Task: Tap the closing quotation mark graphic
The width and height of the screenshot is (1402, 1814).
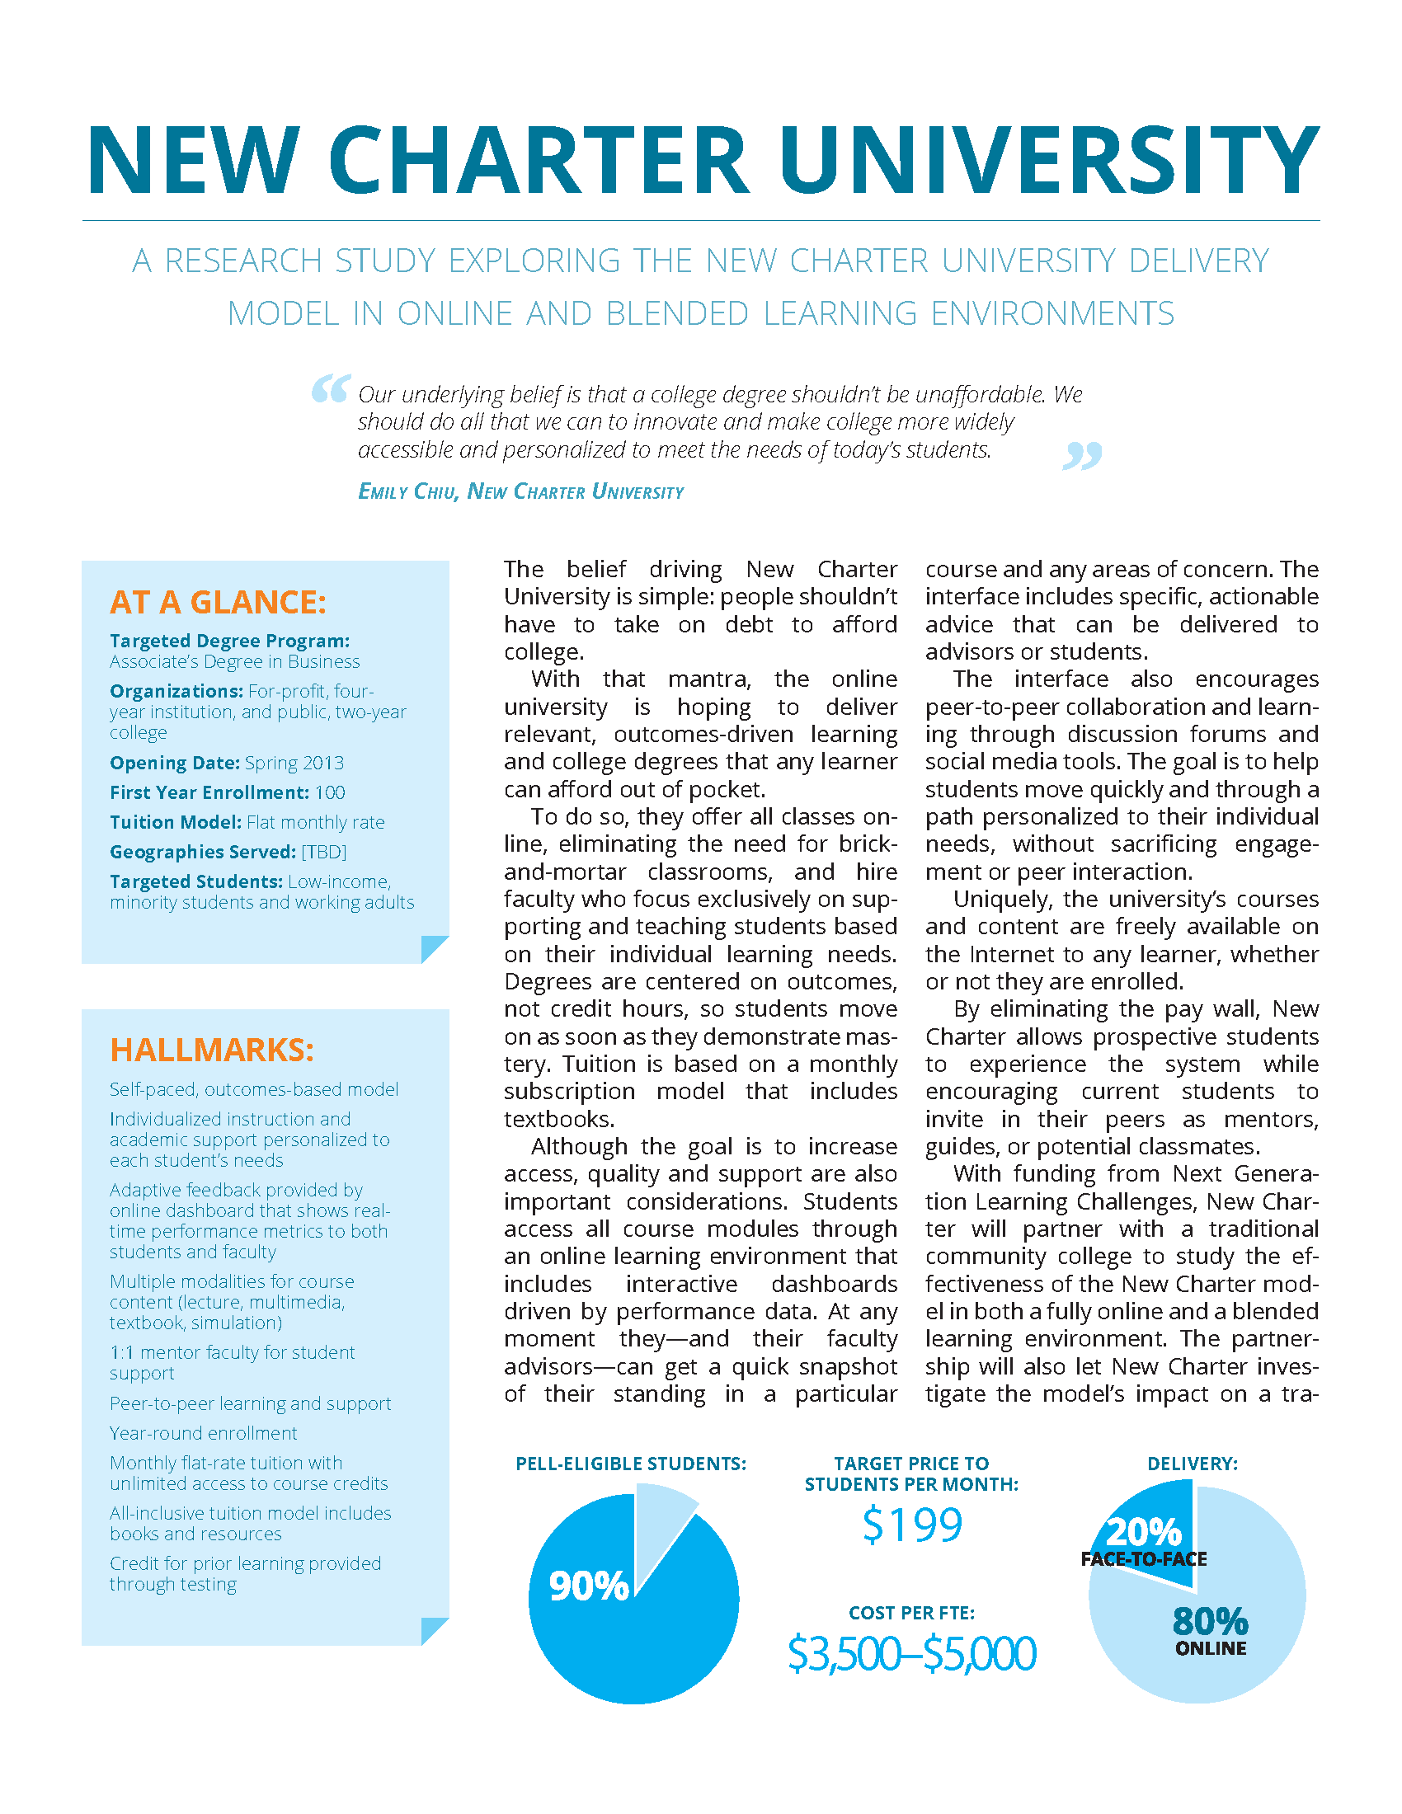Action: [1081, 455]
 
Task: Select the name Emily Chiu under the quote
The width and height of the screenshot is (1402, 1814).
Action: [407, 491]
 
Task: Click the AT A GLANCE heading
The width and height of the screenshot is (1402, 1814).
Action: [218, 602]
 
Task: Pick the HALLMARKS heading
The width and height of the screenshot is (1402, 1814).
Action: [212, 1050]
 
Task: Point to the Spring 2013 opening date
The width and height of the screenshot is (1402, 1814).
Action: [294, 763]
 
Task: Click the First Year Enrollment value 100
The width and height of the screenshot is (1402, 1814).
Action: [330, 792]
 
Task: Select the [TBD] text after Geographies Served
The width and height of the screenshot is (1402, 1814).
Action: [324, 852]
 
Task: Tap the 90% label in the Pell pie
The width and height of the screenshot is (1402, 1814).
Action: [589, 1586]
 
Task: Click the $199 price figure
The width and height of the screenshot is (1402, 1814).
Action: [912, 1525]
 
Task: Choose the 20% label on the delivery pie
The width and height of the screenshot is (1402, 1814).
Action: [1144, 1532]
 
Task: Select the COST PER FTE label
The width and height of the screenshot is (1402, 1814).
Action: [912, 1612]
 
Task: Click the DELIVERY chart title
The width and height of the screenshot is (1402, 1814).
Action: [1193, 1464]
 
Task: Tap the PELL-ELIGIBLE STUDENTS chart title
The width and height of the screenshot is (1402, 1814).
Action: [631, 1464]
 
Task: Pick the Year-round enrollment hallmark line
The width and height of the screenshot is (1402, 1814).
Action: [204, 1433]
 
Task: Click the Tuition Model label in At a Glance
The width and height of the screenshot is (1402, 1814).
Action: [175, 822]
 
